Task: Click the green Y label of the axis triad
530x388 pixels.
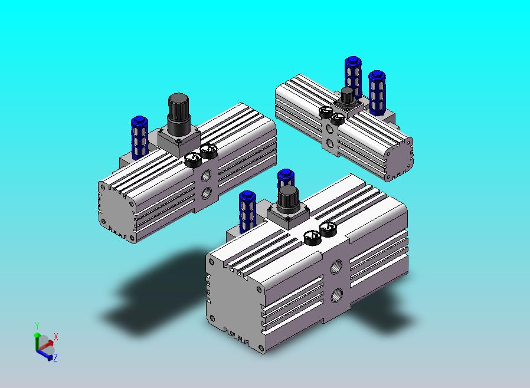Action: tap(37, 326)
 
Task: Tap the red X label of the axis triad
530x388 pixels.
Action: tap(55, 337)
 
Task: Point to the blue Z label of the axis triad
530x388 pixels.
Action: tap(55, 357)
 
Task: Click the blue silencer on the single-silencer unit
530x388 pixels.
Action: tap(139, 137)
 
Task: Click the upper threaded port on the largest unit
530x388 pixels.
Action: tap(336, 267)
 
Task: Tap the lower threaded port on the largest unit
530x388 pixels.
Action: tap(336, 295)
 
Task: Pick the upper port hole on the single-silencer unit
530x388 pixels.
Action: tap(206, 176)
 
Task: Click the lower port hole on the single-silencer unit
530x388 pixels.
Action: tap(206, 193)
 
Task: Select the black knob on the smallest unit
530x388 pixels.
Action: tap(346, 96)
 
